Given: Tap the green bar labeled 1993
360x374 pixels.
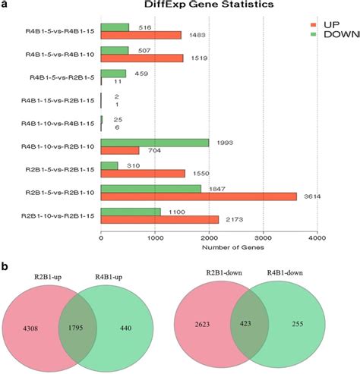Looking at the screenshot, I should coord(155,143).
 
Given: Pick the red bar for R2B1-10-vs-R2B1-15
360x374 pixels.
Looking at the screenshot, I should coord(159,219).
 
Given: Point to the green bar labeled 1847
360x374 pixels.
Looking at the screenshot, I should coord(151,187).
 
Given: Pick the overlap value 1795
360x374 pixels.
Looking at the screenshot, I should coord(90,328).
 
